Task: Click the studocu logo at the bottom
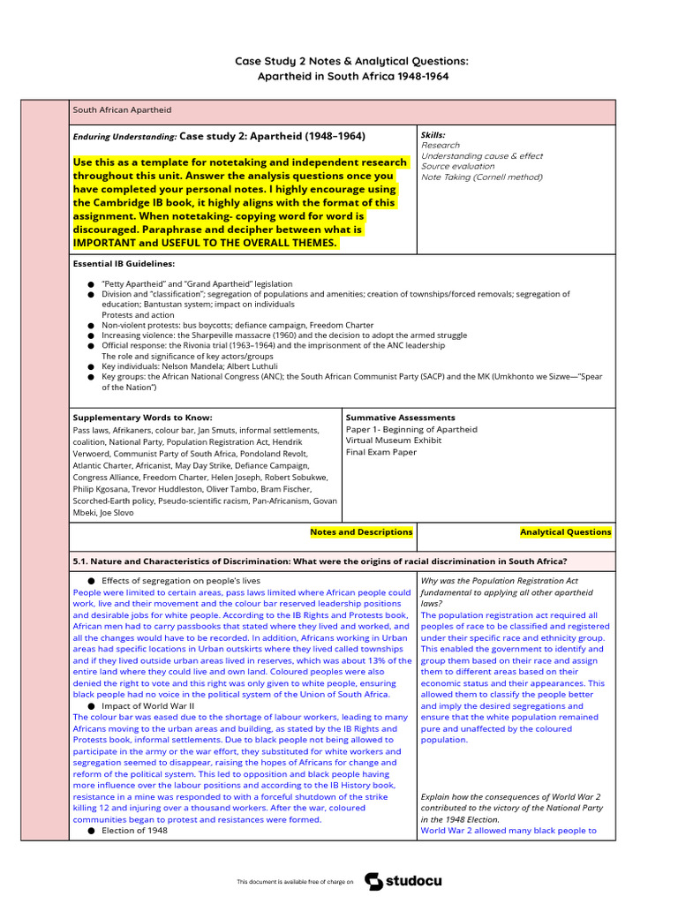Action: coord(403,881)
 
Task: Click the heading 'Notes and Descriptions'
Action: coord(361,532)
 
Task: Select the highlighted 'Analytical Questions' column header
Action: coord(565,532)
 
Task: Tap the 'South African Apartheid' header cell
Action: coord(122,110)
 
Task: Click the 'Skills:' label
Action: coord(433,135)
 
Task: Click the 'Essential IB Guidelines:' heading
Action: coord(124,263)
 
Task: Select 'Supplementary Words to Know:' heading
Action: coord(142,418)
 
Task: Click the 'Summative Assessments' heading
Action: coord(400,418)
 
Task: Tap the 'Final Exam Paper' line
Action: coord(381,452)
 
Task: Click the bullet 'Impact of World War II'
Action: coord(147,706)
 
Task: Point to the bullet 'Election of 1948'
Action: coord(134,831)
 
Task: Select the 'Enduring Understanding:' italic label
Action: coord(124,138)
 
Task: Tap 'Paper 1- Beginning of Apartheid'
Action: coord(411,429)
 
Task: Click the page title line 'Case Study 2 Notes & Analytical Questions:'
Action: coord(351,61)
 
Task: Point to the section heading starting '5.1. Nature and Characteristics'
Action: coord(320,561)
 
